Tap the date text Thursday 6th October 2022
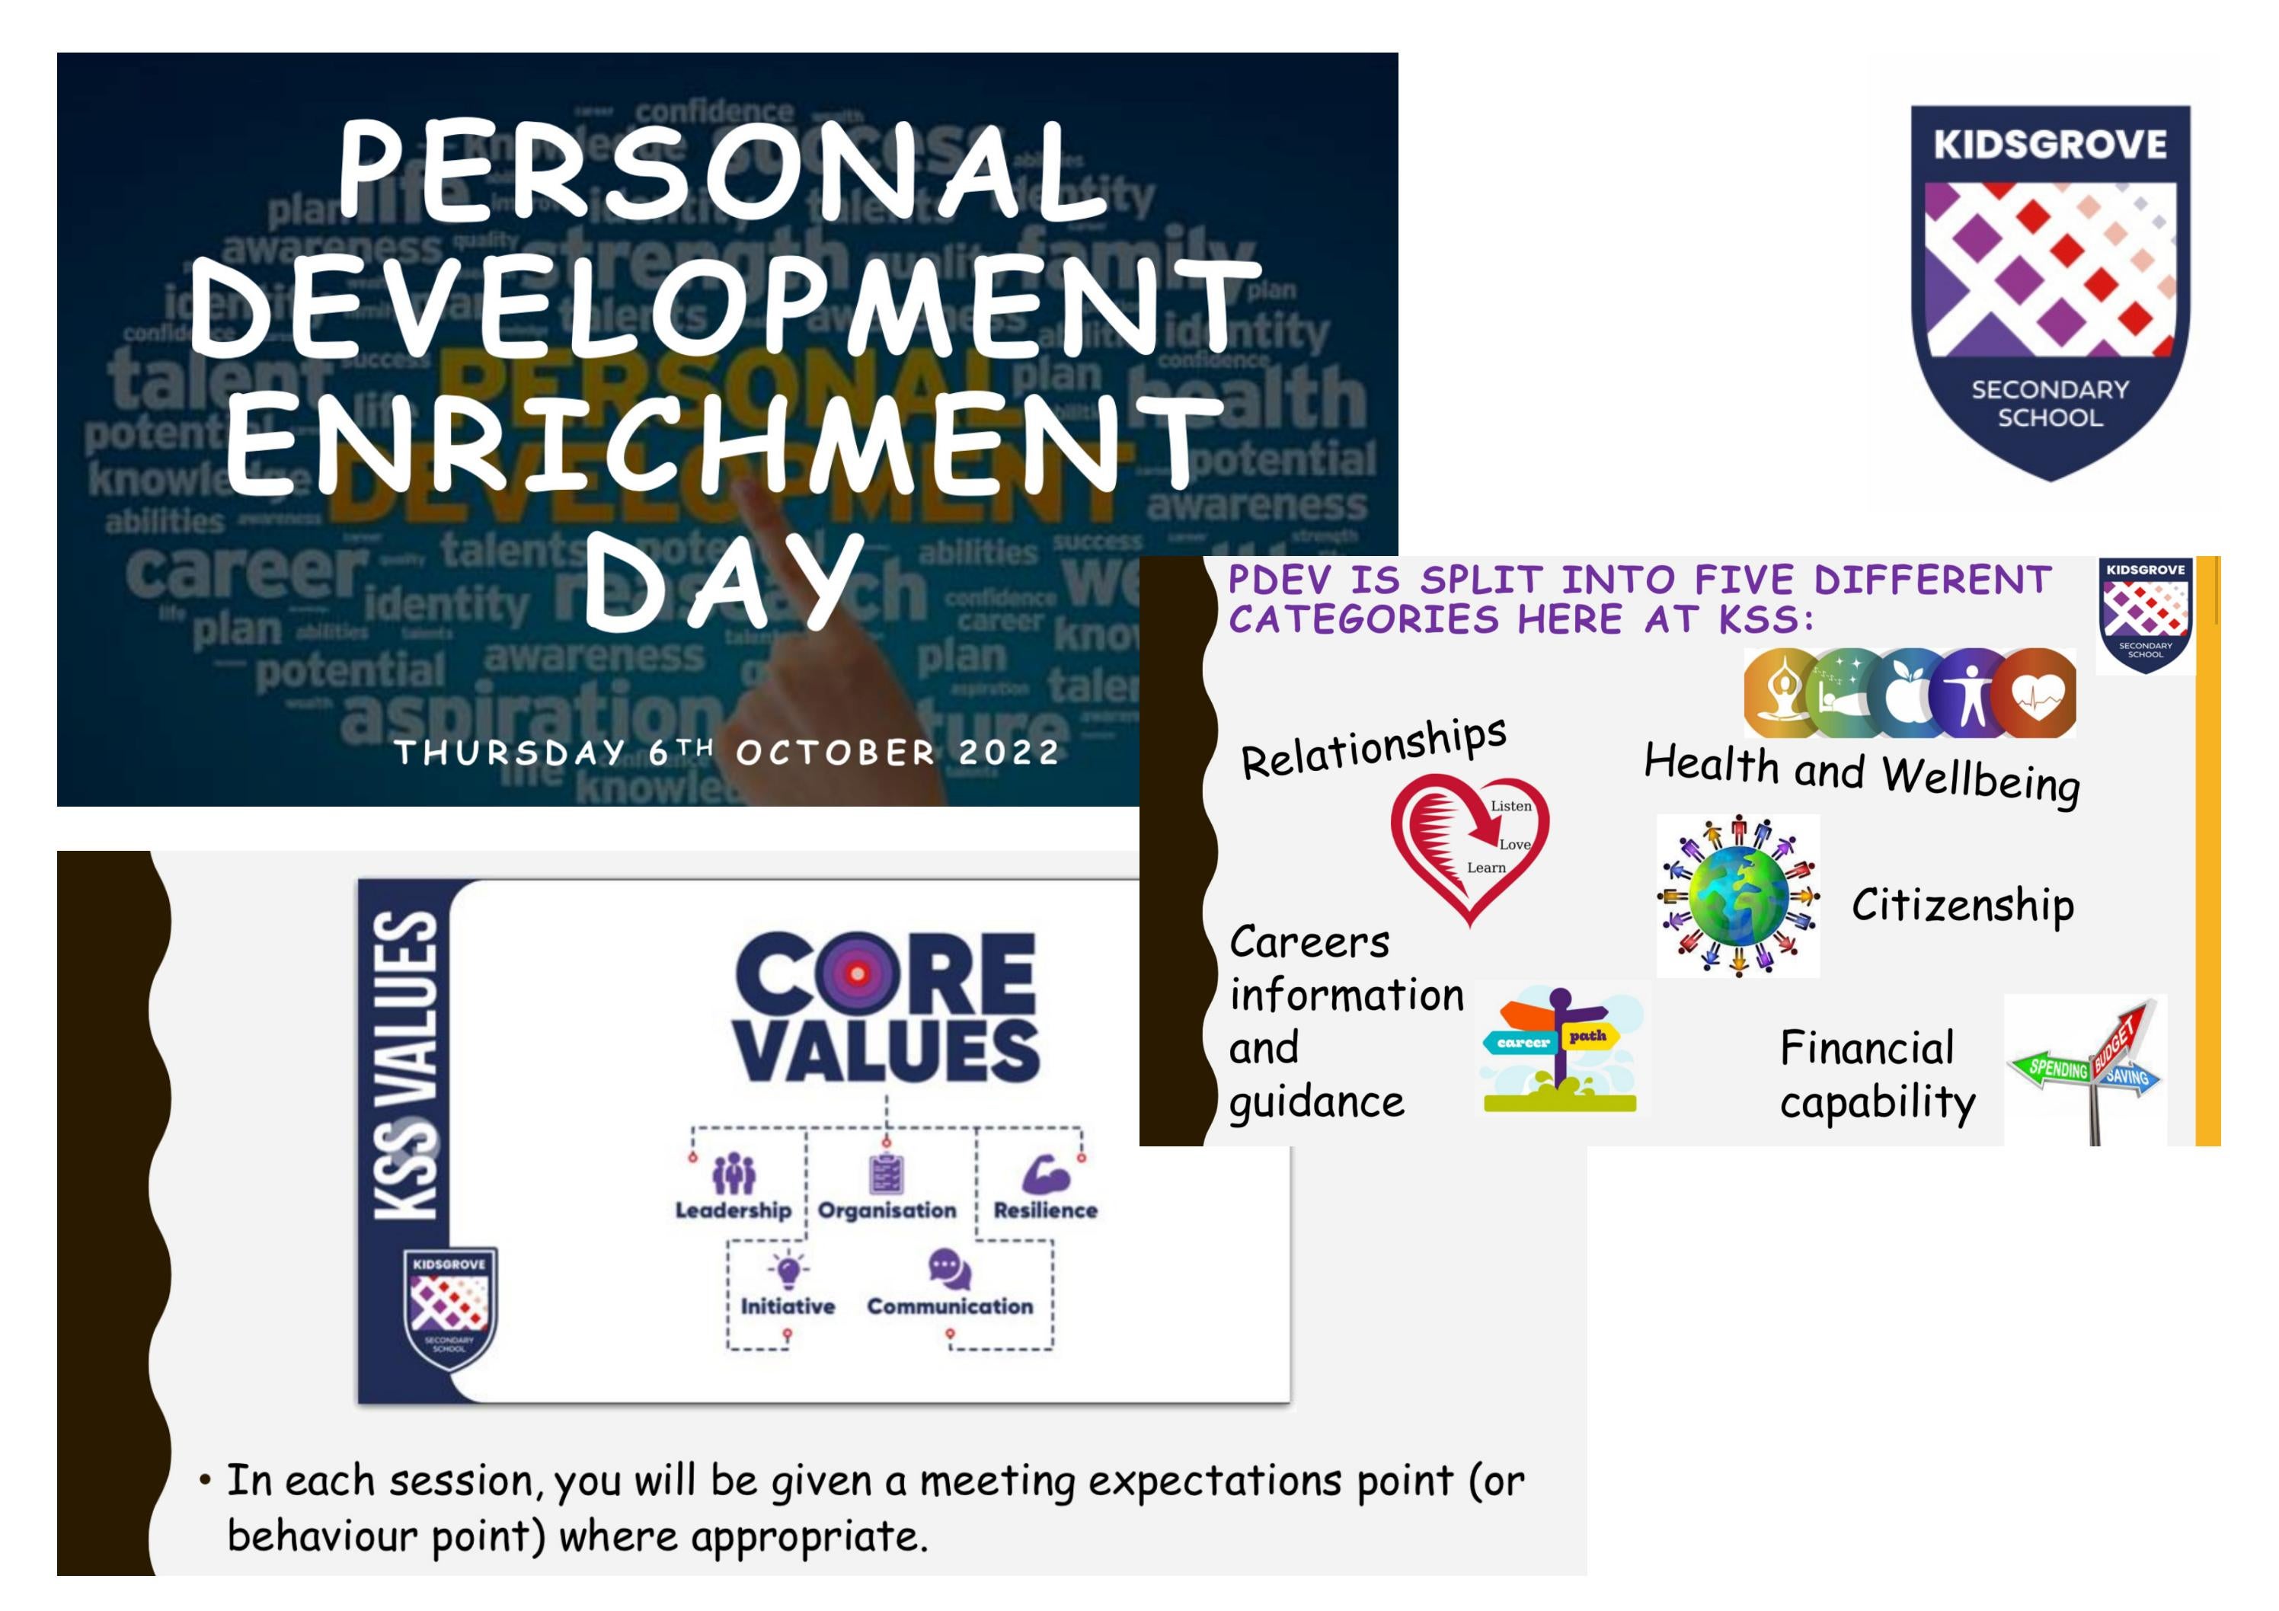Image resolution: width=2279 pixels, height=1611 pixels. pos(727,753)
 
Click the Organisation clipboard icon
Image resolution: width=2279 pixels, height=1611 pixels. pos(887,1175)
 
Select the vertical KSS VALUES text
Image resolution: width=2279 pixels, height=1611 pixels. pos(405,1064)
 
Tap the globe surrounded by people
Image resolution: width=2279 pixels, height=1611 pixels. pos(1738,895)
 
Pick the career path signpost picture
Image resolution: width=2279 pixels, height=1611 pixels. pos(1559,1049)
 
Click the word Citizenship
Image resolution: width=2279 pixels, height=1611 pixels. pos(1962,905)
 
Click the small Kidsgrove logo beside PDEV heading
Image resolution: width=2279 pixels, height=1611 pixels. pos(2145,615)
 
